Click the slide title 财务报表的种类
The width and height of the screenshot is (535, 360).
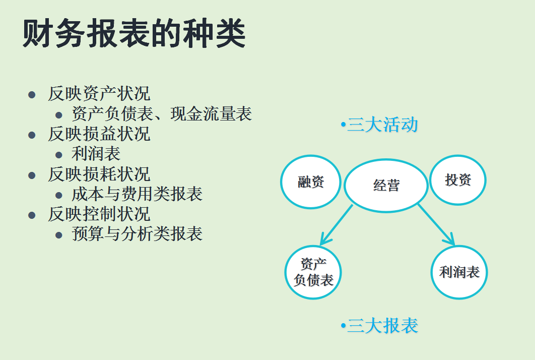tap(134, 34)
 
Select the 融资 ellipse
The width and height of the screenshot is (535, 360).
tap(311, 182)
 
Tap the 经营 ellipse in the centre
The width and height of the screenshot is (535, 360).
tap(386, 185)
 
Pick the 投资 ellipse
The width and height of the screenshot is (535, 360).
tap(458, 180)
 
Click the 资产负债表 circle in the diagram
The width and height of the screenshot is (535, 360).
tap(313, 272)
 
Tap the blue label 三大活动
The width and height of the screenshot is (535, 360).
tap(382, 125)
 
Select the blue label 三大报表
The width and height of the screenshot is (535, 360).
tap(382, 326)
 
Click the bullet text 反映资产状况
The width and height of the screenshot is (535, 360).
tap(99, 94)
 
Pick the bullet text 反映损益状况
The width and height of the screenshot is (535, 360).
tap(99, 134)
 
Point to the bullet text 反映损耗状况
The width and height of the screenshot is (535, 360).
tap(99, 174)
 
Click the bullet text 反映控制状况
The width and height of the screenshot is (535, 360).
tap(99, 214)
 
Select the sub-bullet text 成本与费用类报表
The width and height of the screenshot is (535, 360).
tap(137, 194)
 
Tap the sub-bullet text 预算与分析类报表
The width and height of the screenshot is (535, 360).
tap(137, 234)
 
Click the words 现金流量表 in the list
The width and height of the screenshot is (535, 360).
tap(211, 114)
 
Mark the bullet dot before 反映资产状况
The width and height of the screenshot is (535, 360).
tap(32, 95)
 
